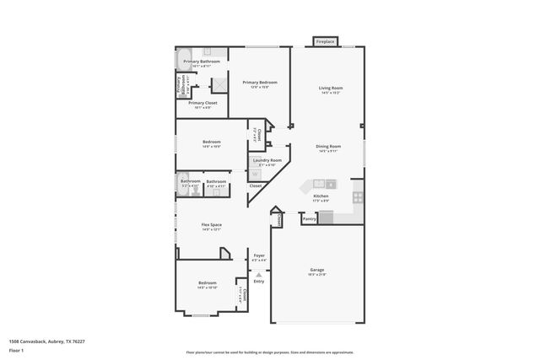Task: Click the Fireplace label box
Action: pyautogui.click(x=325, y=41)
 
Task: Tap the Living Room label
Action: pyautogui.click(x=330, y=88)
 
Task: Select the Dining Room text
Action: pyautogui.click(x=327, y=147)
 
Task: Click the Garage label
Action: pyautogui.click(x=316, y=271)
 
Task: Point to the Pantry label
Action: pyautogui.click(x=310, y=218)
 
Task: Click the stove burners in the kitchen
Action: pyautogui.click(x=358, y=197)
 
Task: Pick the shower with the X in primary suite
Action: pyautogui.click(x=219, y=84)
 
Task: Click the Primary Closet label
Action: pyautogui.click(x=202, y=104)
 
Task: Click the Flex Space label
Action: pyautogui.click(x=211, y=225)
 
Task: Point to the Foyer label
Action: pyautogui.click(x=259, y=256)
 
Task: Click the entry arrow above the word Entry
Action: pyautogui.click(x=259, y=274)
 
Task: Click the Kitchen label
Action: pyautogui.click(x=321, y=196)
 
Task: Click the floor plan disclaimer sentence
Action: pyautogui.click(x=270, y=351)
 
